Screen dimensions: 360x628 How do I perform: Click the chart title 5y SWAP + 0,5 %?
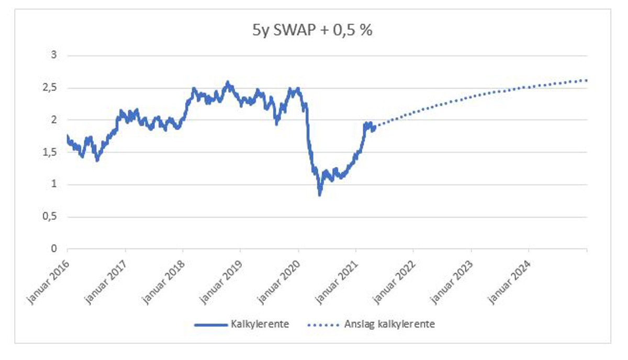(x=311, y=30)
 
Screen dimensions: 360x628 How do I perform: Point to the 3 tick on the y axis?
(x=54, y=55)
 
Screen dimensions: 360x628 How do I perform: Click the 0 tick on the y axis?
(x=54, y=249)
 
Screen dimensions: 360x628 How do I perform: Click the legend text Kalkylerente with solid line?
(x=260, y=324)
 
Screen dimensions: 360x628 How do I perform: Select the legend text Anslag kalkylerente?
(x=389, y=324)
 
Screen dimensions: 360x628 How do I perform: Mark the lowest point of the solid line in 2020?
(x=320, y=195)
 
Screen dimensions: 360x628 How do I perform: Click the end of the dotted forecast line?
(x=586, y=80)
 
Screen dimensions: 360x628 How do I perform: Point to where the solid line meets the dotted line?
(x=375, y=127)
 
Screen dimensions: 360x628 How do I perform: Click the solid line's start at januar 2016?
(x=68, y=136)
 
